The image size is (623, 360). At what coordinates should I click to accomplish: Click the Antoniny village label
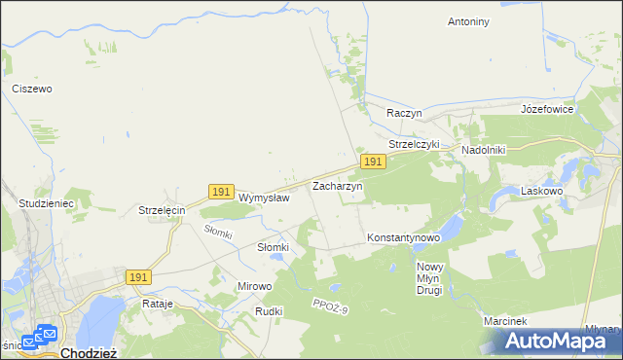coord(467,21)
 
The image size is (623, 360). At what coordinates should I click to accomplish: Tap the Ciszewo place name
coord(31,89)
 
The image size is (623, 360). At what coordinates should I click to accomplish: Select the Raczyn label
coord(403,113)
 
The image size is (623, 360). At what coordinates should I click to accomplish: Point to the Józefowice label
coord(547,109)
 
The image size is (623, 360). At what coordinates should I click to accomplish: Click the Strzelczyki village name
coord(415,144)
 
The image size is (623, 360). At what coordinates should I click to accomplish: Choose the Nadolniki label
coord(488,151)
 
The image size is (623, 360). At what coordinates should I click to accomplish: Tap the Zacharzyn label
coord(337,185)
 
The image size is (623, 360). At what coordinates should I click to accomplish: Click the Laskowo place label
coord(542,192)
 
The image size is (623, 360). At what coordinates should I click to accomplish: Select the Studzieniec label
coord(47,204)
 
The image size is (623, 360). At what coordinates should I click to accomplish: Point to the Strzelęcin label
coord(162,210)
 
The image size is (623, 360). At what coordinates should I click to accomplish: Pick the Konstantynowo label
coord(404,237)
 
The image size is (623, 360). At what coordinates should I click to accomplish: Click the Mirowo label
coord(255,286)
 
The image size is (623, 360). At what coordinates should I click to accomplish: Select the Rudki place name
coord(269,311)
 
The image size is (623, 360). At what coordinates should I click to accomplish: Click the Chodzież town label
coord(89,353)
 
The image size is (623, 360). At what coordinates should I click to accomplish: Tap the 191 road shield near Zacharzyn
coord(370,162)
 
